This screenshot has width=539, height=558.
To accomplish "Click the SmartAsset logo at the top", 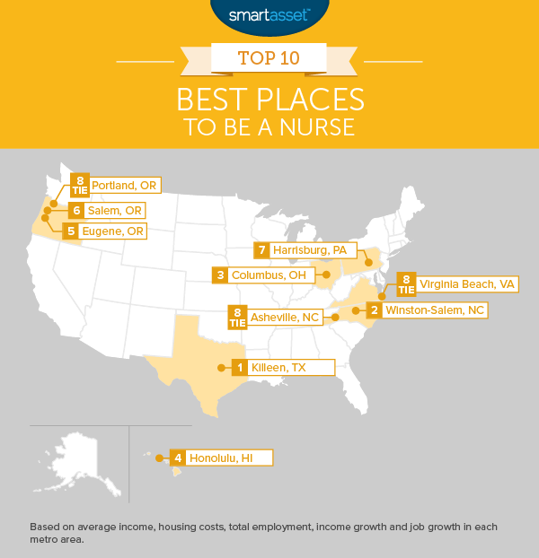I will click(x=269, y=14).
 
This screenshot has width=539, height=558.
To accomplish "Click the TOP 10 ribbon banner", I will click(x=269, y=60).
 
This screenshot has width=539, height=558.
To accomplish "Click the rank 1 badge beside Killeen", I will click(x=239, y=367).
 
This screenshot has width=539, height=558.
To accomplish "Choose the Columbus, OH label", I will click(x=271, y=275).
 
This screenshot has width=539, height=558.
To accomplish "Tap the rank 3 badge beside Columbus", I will click(x=220, y=275).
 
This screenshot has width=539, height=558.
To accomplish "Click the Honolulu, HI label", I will click(x=228, y=458).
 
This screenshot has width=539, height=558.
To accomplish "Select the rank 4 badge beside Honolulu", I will click(x=179, y=458).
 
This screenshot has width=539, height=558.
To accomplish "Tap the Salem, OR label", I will click(x=114, y=210).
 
